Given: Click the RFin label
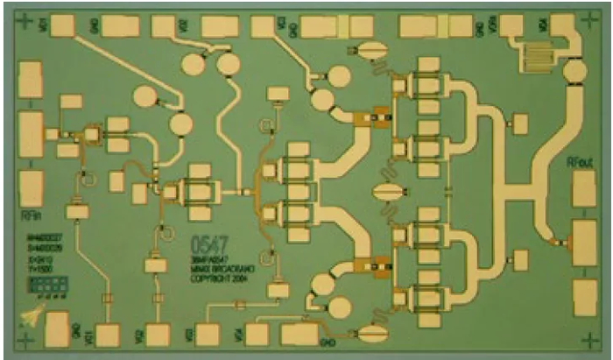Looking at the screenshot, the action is pyautogui.click(x=29, y=214).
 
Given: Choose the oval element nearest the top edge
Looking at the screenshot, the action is pyautogui.click(x=371, y=49).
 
